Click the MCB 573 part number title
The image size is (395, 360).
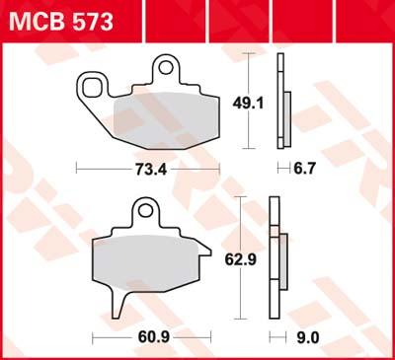tap(61, 22)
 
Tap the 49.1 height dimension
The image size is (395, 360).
tap(248, 104)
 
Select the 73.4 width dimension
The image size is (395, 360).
tap(151, 170)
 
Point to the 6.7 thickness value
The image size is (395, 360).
tap(304, 169)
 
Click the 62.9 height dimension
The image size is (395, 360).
tap(241, 259)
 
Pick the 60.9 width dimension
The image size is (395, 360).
tap(154, 337)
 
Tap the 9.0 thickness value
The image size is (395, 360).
tap(308, 337)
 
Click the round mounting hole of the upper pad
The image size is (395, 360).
tap(166, 67)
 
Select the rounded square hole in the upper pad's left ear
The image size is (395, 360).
tap(92, 88)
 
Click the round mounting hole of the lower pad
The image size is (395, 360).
tap(145, 211)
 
